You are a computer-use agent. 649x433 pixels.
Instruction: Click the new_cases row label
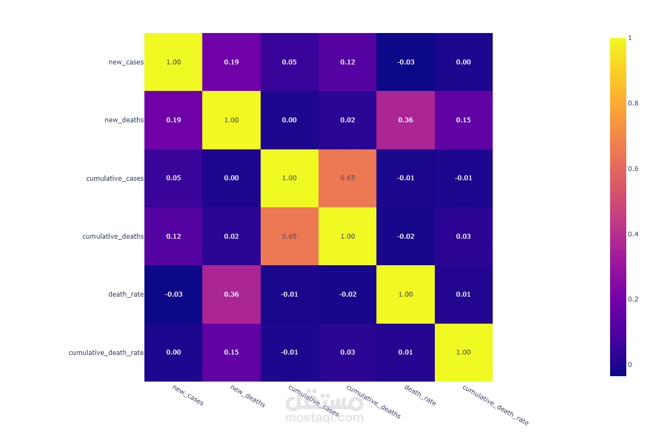(x=126, y=62)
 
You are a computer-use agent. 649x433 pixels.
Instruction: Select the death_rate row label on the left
(x=126, y=294)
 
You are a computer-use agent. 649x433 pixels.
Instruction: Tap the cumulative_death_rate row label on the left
(x=106, y=352)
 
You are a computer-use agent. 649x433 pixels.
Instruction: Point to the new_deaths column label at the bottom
(x=248, y=396)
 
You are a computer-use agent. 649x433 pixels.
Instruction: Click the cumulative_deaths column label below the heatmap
(x=373, y=402)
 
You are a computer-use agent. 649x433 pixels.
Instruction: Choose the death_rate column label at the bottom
(x=420, y=396)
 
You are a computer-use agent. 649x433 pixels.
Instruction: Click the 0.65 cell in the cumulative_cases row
(x=347, y=178)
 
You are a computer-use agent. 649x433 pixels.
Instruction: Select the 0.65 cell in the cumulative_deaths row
(x=289, y=237)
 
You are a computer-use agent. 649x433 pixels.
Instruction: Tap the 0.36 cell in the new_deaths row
(x=406, y=120)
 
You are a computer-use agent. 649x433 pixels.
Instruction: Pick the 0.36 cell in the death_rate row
(x=231, y=294)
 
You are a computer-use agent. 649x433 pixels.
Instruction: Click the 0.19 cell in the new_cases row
(x=231, y=62)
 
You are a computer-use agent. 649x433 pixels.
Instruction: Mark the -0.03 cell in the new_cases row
(x=406, y=62)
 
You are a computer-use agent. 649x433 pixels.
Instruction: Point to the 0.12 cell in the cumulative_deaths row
(x=174, y=237)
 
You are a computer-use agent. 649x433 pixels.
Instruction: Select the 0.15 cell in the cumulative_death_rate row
(x=231, y=352)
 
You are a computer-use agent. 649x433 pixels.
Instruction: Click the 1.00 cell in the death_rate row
(x=406, y=294)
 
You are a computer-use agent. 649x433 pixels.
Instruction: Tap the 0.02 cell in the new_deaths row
(x=347, y=120)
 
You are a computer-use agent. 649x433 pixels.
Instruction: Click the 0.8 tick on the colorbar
(x=633, y=103)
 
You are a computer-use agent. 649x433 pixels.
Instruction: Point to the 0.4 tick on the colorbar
(x=633, y=234)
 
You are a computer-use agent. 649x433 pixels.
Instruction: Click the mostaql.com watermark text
(x=325, y=418)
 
